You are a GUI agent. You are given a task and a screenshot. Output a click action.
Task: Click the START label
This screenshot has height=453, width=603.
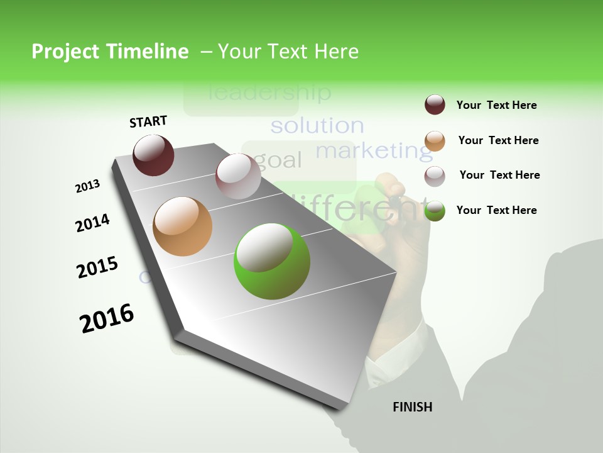point(148,121)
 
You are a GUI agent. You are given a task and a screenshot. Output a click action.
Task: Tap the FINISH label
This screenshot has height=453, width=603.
point(412,407)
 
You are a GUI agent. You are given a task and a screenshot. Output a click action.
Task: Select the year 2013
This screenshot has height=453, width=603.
point(87,186)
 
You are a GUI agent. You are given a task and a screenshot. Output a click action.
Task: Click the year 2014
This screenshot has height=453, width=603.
point(92,223)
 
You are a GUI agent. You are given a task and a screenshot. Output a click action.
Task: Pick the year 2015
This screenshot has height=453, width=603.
point(97,267)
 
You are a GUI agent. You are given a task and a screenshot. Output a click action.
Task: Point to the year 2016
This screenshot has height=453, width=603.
point(107,318)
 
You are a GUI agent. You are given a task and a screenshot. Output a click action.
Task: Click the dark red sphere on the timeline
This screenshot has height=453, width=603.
point(153,155)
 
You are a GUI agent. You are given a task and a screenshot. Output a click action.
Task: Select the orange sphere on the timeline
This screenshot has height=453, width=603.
point(182,226)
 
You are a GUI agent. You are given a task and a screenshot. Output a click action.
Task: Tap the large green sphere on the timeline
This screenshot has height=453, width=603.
point(271,261)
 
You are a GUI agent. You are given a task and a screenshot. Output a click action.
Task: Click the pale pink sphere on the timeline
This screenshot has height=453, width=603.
point(238,176)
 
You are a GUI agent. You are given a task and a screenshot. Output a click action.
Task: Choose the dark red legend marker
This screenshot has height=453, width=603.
point(435,104)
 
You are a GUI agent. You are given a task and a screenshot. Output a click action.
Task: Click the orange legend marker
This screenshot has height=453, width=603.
point(435,140)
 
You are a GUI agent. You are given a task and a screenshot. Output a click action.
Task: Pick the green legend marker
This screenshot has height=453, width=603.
point(435,211)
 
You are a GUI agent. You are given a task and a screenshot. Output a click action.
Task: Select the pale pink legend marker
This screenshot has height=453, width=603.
point(435,176)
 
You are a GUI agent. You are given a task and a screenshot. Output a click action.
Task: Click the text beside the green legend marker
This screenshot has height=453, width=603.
point(496,210)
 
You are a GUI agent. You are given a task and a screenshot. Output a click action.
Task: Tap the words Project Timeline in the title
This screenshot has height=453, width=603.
point(110,52)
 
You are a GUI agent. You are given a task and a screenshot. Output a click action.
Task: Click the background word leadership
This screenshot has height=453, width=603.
point(269,93)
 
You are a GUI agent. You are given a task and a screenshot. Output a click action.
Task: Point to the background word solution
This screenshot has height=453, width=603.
point(317,126)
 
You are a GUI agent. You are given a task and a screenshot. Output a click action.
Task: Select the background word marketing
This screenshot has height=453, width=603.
point(374,151)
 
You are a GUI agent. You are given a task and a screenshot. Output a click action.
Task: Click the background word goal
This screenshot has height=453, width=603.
point(280,160)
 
